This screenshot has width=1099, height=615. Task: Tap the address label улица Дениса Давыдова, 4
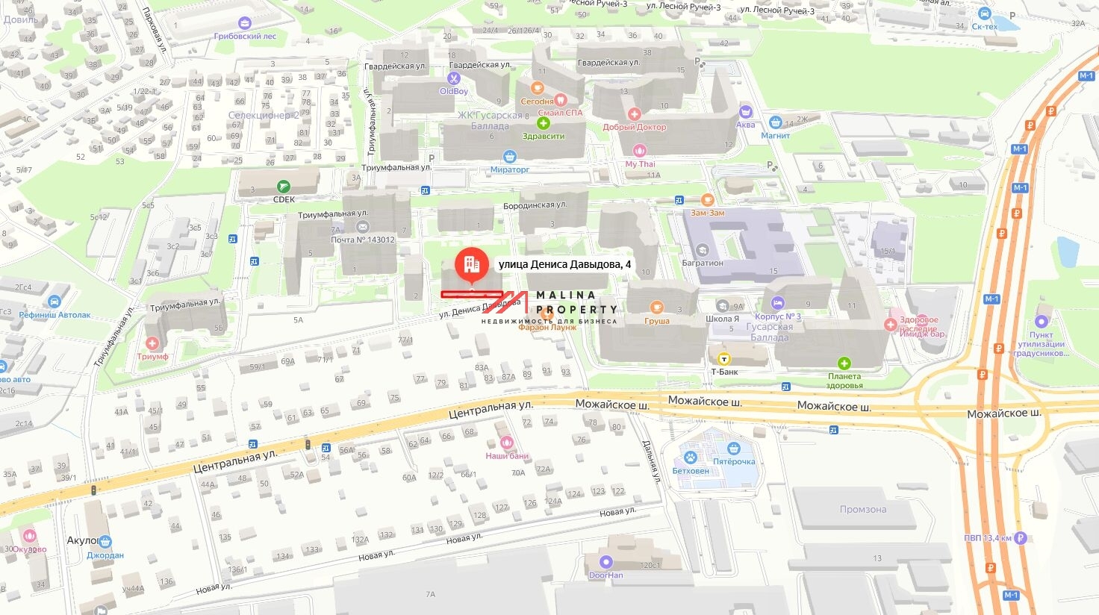(x=564, y=264)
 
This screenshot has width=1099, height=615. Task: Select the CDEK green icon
(x=283, y=187)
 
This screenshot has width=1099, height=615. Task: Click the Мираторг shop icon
(x=510, y=157)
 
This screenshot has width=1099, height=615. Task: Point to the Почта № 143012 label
(x=363, y=240)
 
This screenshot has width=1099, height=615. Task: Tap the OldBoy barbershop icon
(x=454, y=78)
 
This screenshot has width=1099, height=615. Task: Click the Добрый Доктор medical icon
(x=634, y=114)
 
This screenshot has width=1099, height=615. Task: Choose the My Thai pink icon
(x=640, y=151)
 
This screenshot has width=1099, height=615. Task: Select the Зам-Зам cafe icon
(x=708, y=200)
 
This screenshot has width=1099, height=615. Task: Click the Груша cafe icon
(x=657, y=307)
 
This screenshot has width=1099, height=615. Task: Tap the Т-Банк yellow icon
(x=724, y=359)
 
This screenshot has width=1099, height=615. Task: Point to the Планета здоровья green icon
(x=844, y=363)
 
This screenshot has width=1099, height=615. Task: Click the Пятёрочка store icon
(x=734, y=449)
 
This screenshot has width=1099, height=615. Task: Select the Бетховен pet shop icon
(x=691, y=458)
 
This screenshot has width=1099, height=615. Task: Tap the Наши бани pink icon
(x=507, y=443)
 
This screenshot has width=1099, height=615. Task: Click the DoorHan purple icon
(x=605, y=562)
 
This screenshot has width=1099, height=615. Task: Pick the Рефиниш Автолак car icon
(x=54, y=302)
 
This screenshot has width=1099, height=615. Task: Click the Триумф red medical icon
(x=152, y=343)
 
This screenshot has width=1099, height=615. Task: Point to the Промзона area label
(x=862, y=509)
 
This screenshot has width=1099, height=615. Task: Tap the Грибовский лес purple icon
(x=245, y=24)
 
